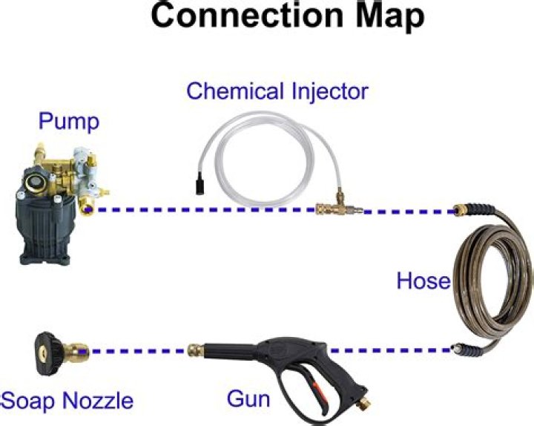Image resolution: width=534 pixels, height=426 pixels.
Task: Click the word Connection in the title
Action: coord(247,16)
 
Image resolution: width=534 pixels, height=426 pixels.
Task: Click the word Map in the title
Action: coord(390,18)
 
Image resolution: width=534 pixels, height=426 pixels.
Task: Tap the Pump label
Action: coord(68,122)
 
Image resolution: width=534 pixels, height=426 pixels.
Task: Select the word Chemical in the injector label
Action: coord(235,91)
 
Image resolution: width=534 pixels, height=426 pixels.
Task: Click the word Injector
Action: coord(330,92)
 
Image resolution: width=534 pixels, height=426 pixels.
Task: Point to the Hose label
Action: coord(423,281)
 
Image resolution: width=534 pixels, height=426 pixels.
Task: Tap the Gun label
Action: coord(248,399)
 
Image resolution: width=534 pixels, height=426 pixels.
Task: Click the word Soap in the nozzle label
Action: coord(27,401)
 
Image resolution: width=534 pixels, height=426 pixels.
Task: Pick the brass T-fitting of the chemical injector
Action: coord(338,206)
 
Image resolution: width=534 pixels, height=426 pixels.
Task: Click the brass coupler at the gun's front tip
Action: coord(196,350)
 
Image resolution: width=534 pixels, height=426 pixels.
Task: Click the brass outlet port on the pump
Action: coord(86,208)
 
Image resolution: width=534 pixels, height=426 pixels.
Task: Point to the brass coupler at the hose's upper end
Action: coord(462,209)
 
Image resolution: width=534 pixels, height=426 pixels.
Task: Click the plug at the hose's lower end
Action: coord(455,347)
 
